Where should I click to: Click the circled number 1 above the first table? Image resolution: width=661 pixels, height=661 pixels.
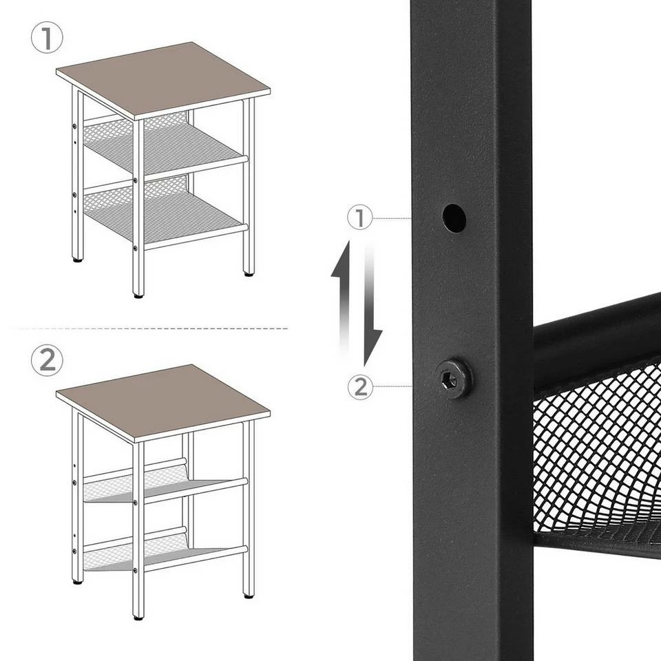tap(47, 39)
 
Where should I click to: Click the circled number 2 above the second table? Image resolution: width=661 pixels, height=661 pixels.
tap(47, 360)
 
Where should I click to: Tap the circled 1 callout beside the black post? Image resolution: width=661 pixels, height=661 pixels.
tap(359, 218)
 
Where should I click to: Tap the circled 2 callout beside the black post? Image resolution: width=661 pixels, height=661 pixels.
tap(359, 387)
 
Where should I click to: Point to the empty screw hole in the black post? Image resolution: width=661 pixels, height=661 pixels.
tap(454, 218)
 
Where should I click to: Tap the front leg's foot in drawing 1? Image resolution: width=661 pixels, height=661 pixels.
tap(138, 295)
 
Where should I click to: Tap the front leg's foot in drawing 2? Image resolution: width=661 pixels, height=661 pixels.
tap(138, 616)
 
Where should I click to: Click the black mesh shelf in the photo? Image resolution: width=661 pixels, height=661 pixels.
tap(599, 461)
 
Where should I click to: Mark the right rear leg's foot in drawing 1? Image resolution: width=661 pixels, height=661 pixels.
tap(249, 273)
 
